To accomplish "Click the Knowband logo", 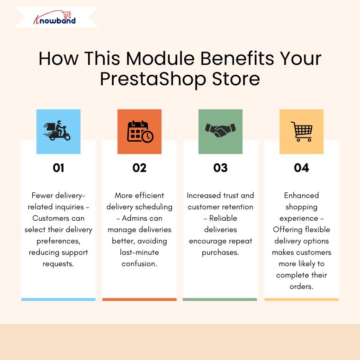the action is coord(54,18).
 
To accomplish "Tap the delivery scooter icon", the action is coord(57,130).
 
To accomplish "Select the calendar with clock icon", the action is coord(140,132).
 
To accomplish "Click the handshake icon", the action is coord(220,130).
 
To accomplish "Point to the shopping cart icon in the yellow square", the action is coord(302,132).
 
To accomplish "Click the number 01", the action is coord(58,168).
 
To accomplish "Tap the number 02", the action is coord(139,168).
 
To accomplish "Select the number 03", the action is coord(220,168).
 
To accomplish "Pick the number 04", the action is coord(301,168).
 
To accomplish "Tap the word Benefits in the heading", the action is coord(238,58).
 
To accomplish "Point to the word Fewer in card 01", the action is coord(43,195).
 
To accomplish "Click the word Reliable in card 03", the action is coord(223,218).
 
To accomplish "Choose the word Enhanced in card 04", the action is coord(301,195).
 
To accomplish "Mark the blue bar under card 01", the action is coord(58,299).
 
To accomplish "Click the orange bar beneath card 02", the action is coord(139,299).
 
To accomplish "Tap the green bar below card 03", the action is coord(220,299).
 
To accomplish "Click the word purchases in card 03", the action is coord(220,252).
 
